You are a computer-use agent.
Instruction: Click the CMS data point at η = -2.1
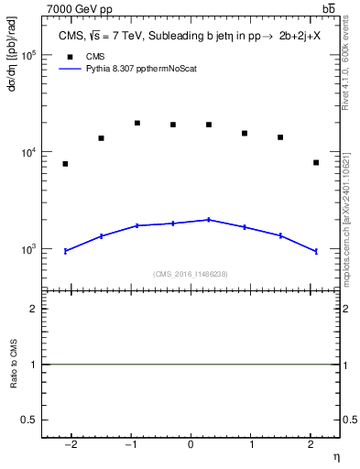click(x=65, y=164)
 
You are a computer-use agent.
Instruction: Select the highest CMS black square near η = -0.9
click(x=136, y=123)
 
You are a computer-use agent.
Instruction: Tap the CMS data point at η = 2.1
click(x=316, y=162)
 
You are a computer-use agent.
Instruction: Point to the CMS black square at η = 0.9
click(x=245, y=133)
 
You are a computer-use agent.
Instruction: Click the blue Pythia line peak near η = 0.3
click(x=209, y=220)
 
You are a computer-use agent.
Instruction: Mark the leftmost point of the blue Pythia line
click(x=65, y=251)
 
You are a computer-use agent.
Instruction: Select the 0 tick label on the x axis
click(x=191, y=444)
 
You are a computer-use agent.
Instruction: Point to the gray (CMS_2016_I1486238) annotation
click(x=191, y=274)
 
